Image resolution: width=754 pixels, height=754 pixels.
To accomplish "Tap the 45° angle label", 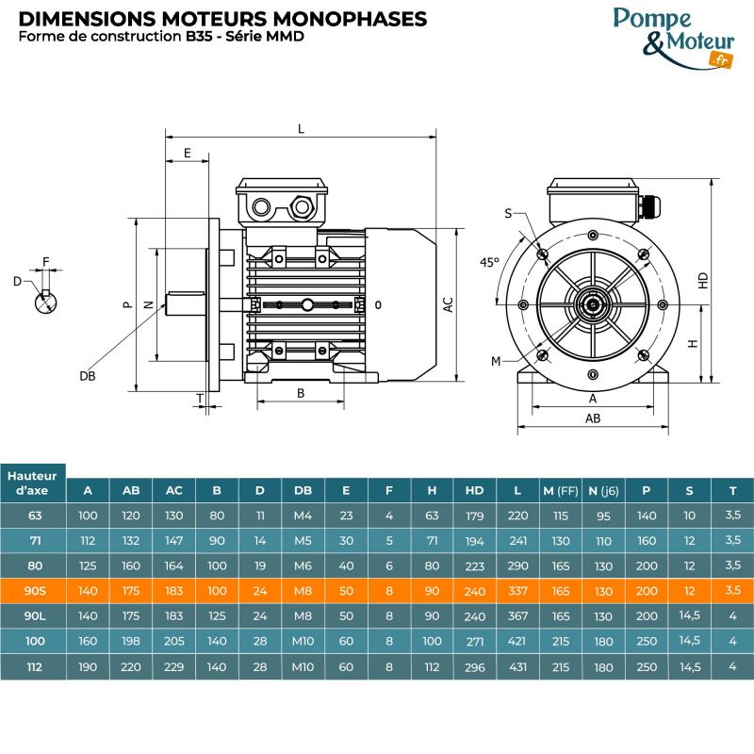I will point(489,263).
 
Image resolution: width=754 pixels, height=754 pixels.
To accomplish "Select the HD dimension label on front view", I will point(703,280).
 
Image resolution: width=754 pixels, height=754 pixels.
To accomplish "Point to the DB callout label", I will point(87,375).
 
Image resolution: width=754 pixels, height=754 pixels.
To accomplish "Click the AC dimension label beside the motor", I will point(449,304).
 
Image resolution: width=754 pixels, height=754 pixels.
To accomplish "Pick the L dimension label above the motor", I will point(301,129).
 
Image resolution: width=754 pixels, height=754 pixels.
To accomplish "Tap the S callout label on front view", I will point(508,214).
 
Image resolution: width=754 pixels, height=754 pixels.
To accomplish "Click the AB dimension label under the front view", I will point(593,418).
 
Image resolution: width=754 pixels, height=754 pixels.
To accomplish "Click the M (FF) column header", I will point(560,490).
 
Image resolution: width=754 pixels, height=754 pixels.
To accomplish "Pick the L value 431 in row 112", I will point(517,666).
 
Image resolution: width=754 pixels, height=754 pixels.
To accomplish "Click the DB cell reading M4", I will point(303,516).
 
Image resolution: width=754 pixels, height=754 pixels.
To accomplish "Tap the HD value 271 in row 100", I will point(474,641).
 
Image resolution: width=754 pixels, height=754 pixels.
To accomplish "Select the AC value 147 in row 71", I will point(174,541).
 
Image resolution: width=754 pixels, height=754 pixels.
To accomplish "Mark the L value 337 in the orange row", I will point(517,590).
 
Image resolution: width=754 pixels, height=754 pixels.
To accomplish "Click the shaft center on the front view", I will point(592,303).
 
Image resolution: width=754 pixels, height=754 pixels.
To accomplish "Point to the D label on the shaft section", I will point(17,281).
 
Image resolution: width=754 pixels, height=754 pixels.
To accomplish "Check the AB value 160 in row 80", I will point(131,565).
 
